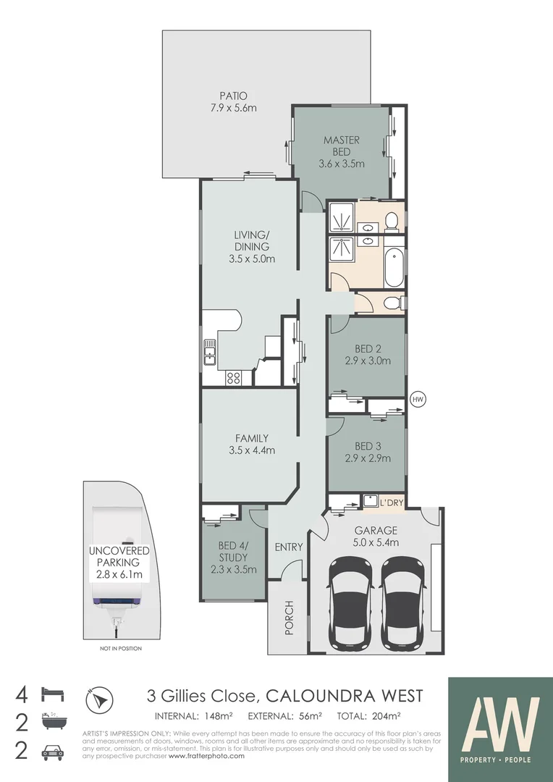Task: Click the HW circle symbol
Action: click(417, 399)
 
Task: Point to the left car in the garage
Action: click(350, 603)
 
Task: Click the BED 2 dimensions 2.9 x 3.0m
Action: click(367, 361)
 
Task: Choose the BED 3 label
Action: click(367, 446)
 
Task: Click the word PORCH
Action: click(289, 618)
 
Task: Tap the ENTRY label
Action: click(288, 547)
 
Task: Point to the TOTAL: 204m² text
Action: click(370, 717)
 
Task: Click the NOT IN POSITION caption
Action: click(120, 648)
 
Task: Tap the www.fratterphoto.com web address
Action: click(207, 756)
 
